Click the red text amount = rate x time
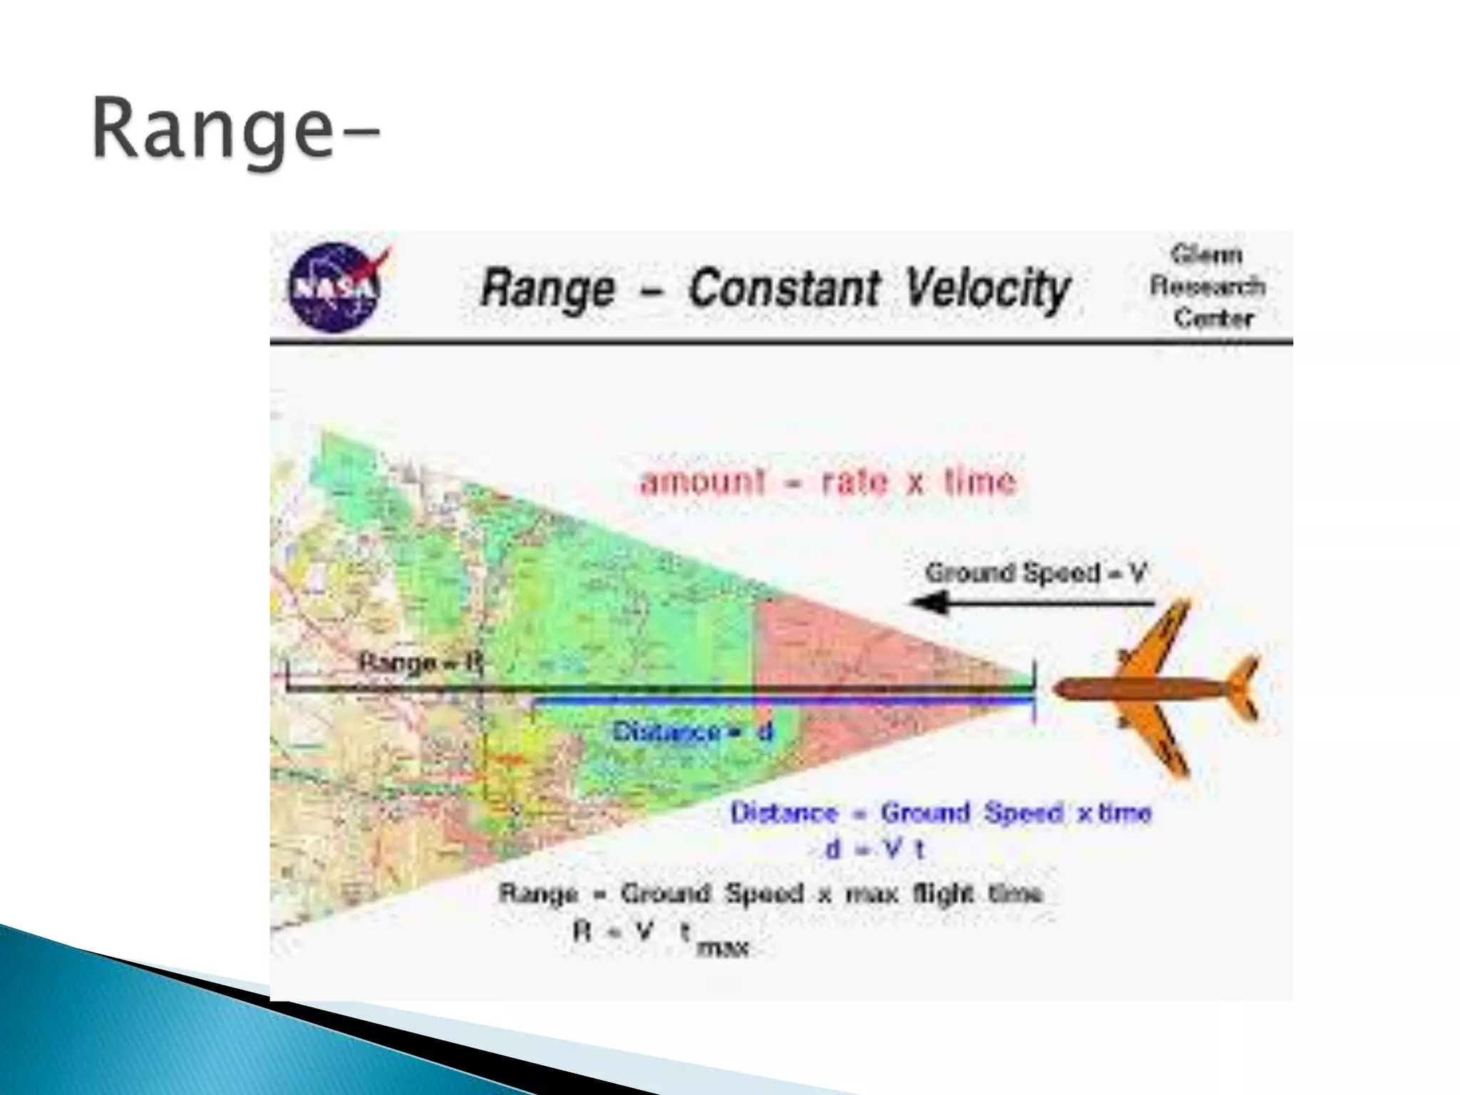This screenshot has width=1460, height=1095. click(827, 483)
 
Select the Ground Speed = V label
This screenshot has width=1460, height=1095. click(1035, 572)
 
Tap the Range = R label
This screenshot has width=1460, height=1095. click(419, 662)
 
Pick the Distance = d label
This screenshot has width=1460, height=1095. click(692, 731)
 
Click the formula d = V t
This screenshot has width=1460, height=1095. click(874, 849)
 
